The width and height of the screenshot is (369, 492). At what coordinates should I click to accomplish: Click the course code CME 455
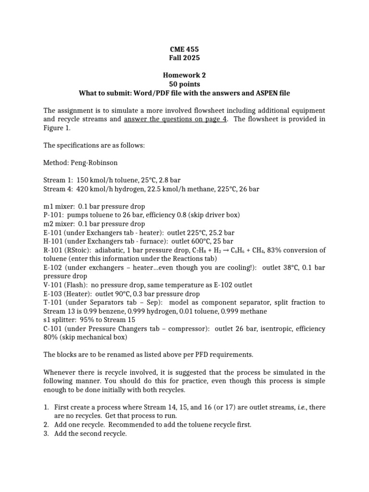coord(184,49)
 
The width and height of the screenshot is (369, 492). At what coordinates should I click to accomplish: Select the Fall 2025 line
coord(184,58)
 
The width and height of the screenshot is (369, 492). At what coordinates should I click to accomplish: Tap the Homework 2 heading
coord(184,75)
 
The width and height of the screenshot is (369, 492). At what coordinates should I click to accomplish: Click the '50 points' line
coord(184,84)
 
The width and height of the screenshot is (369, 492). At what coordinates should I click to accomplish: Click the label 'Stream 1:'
coord(57,180)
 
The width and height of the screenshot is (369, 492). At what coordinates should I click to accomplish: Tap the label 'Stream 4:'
coord(57,189)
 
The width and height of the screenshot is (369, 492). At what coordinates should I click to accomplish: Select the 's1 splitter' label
coord(61,320)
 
